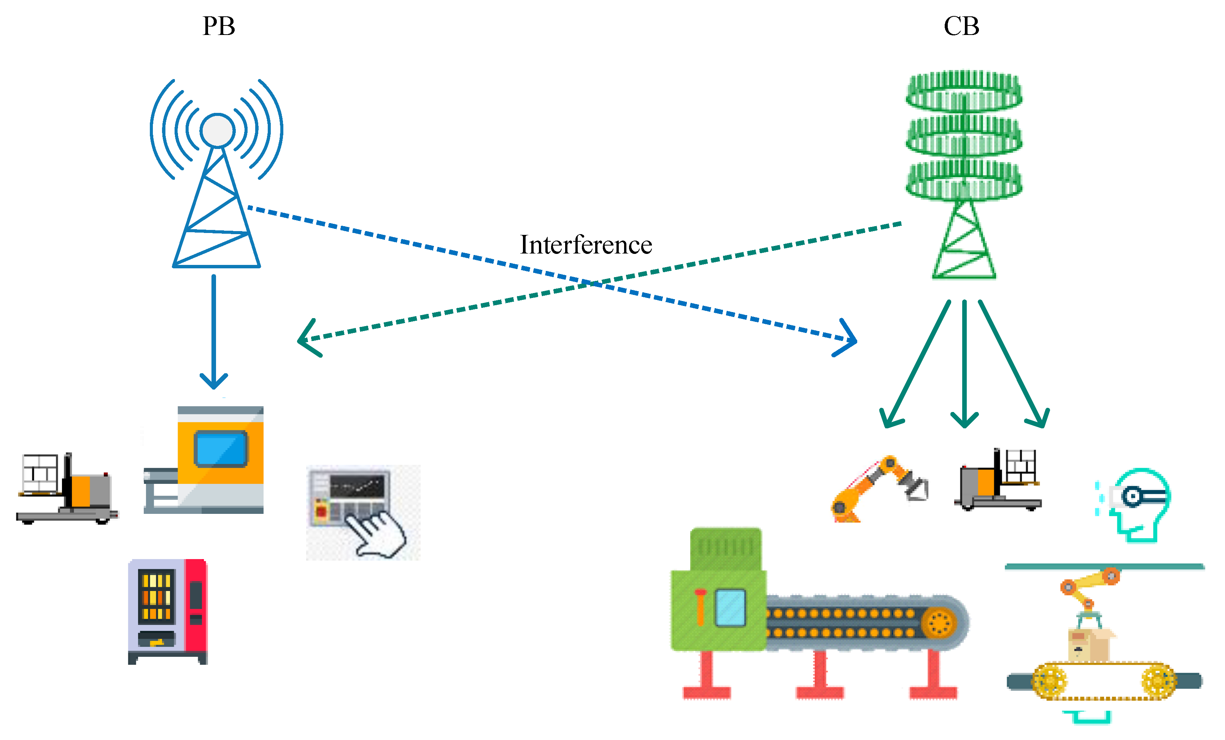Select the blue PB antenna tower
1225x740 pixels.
coord(217,199)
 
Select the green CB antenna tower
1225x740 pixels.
coord(963,174)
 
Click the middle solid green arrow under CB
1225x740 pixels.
coord(964,363)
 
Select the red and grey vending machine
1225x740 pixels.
coord(168,611)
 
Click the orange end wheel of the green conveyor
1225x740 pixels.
coord(939,622)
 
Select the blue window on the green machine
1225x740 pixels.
coord(730,607)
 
